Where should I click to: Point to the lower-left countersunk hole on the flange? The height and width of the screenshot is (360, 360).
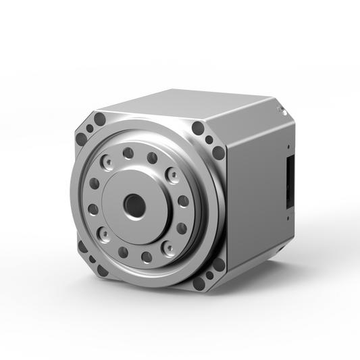pos(105,236)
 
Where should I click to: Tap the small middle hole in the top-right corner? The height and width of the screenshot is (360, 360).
pos(209,140)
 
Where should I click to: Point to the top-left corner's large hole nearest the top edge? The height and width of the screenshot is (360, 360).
pos(99,120)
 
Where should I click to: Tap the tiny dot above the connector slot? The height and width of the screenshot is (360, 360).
pos(288,145)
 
